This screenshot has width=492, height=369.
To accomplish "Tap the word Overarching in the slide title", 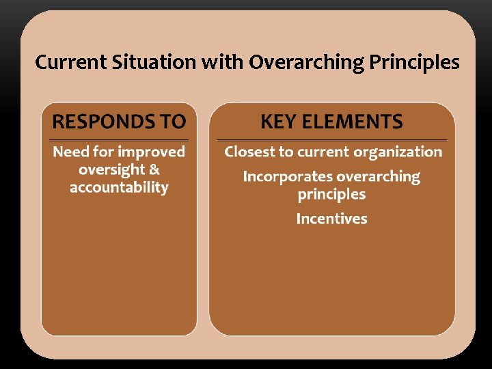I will pyautogui.click(x=305, y=63).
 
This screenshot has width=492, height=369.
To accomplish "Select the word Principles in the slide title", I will pyautogui.click(x=414, y=63).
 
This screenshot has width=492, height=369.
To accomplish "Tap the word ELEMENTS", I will pyautogui.click(x=355, y=122).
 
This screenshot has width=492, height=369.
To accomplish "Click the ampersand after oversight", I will pyautogui.click(x=154, y=169).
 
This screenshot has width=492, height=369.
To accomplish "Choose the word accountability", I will pyautogui.click(x=119, y=187).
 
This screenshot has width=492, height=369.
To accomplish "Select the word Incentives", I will pyautogui.click(x=331, y=219).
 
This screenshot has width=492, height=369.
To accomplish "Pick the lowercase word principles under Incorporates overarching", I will pyautogui.click(x=331, y=195).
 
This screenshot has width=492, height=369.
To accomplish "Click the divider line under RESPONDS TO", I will pyautogui.click(x=119, y=139).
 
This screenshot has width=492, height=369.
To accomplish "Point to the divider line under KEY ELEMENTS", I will pyautogui.click(x=331, y=140).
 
